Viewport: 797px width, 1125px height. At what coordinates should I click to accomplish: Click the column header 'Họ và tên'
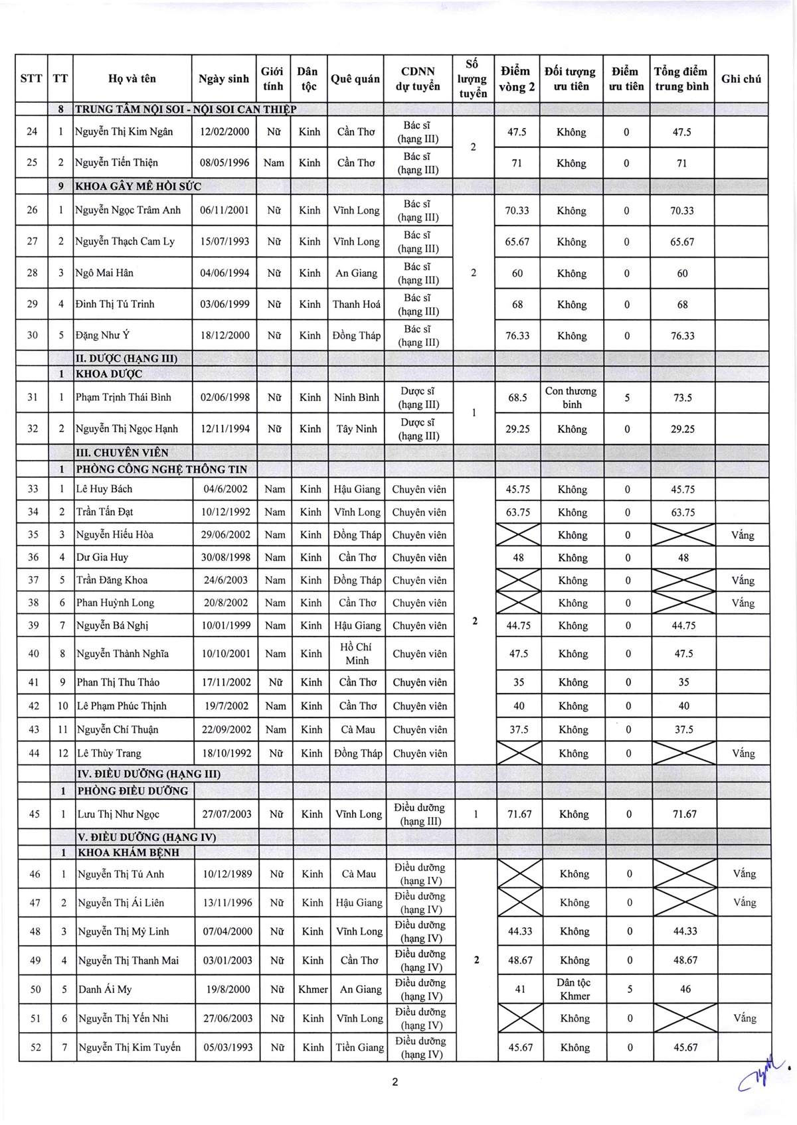point(132,78)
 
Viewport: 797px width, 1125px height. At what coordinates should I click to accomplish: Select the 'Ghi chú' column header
point(741,78)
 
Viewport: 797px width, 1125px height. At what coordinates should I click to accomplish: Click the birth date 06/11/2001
point(224,210)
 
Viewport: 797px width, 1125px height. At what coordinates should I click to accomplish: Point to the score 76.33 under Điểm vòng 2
point(517,336)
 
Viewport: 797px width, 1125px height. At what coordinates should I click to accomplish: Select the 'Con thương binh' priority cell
point(571,398)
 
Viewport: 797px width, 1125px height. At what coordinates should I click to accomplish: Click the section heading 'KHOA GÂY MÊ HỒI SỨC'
point(138,187)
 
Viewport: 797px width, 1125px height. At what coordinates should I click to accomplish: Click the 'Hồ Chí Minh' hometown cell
point(357,654)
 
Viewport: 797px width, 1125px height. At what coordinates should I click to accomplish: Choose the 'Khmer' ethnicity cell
point(313,989)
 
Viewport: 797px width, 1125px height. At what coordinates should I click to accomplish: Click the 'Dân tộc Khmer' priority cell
point(575,989)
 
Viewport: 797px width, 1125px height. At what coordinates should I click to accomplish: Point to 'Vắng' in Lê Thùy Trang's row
point(743,753)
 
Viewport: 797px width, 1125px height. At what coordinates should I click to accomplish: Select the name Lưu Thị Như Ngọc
point(118,814)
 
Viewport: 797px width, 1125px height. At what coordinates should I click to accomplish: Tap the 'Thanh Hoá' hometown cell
point(357,305)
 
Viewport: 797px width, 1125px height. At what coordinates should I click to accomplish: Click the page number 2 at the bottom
point(395,1082)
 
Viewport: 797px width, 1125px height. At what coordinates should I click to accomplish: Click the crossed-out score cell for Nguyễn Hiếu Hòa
point(518,535)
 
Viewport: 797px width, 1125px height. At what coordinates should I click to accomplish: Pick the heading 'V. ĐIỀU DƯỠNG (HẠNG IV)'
point(147,837)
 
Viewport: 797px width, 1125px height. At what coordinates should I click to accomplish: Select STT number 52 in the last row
point(35,1047)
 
